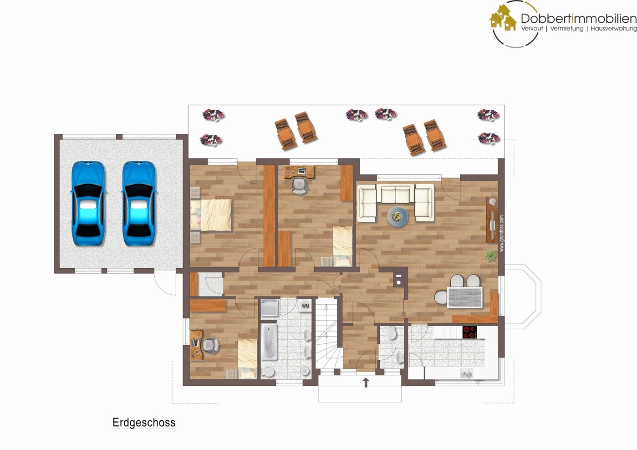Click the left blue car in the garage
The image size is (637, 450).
(88, 204)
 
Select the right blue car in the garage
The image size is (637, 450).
(139, 204)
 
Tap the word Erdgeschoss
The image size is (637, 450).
(144, 423)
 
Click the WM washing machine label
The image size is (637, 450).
(305, 306)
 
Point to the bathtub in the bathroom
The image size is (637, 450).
(269, 341)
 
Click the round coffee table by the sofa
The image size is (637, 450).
(397, 216)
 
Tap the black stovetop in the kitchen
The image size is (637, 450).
(469, 332)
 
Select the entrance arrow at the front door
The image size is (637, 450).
(366, 382)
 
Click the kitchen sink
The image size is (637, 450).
(466, 373)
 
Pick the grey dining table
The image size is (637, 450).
(464, 297)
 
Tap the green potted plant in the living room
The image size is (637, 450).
(490, 256)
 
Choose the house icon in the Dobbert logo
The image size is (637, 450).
(503, 18)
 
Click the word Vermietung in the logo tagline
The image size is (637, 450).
(566, 29)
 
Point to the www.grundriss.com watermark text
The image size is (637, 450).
(502, 233)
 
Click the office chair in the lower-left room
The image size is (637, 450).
(209, 345)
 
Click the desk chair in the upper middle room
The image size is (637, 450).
(299, 185)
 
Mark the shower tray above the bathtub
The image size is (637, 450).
(269, 308)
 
